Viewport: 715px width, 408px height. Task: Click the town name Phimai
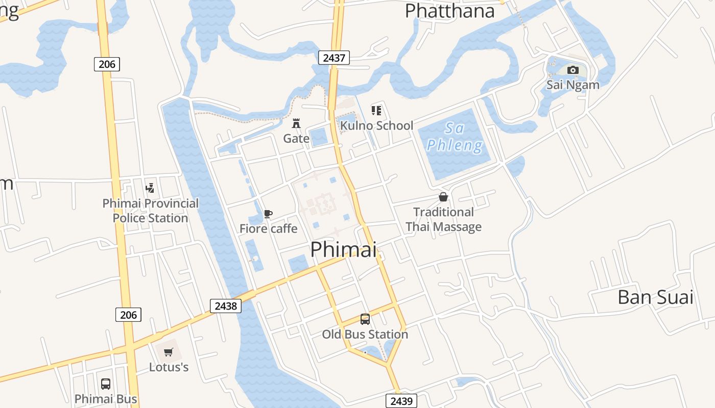click(x=343, y=249)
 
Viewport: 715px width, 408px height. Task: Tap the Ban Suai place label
click(x=655, y=297)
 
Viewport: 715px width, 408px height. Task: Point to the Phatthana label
click(x=449, y=11)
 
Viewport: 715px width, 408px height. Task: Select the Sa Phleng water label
click(x=454, y=137)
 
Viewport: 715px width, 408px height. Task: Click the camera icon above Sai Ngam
click(x=573, y=70)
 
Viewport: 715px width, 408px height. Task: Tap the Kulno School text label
click(x=376, y=125)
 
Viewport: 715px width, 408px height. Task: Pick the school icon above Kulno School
click(x=376, y=110)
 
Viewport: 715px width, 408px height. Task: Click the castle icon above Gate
click(x=296, y=123)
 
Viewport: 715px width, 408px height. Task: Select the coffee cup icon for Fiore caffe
click(x=268, y=214)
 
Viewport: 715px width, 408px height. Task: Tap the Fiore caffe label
click(x=268, y=228)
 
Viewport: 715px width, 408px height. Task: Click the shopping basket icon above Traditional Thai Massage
click(x=443, y=197)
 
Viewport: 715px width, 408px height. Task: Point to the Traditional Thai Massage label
click(x=443, y=219)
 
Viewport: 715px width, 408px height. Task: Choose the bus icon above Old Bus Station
click(x=365, y=319)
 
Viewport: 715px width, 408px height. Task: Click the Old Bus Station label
click(x=365, y=335)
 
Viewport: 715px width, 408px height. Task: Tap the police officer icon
click(x=150, y=188)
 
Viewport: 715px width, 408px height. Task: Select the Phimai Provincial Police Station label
click(x=150, y=211)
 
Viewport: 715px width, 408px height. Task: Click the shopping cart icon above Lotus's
click(x=169, y=352)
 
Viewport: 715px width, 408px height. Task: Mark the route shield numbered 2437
click(x=334, y=58)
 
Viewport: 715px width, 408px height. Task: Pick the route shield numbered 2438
click(x=226, y=305)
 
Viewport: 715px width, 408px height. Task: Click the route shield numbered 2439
click(x=401, y=401)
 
